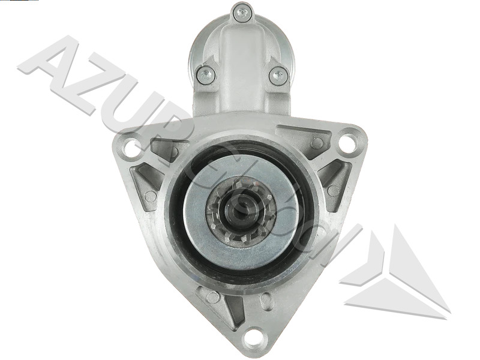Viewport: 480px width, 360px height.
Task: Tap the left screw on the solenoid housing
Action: pos(205,74)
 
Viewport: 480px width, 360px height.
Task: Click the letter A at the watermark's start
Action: pos(51,66)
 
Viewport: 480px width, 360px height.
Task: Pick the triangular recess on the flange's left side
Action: pos(144,180)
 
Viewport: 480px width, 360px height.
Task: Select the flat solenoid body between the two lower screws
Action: pos(241,78)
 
